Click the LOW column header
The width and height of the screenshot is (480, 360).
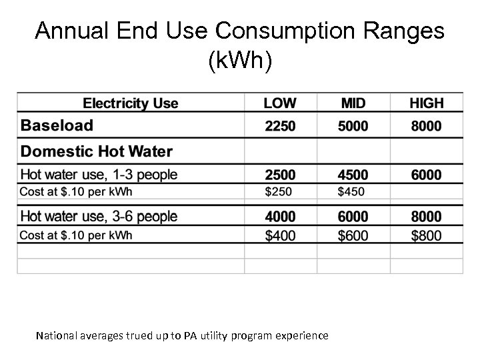[x=280, y=103]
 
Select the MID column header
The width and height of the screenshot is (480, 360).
[x=353, y=103]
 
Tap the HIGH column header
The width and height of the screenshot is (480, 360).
[x=427, y=103]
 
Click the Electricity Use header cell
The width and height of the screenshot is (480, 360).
[x=131, y=103]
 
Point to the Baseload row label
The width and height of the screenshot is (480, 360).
[x=57, y=125]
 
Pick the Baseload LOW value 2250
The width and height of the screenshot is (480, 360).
[x=280, y=126]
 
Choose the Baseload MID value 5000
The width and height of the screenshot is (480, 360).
[x=353, y=126]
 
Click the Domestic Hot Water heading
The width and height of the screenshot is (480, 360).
[x=97, y=152]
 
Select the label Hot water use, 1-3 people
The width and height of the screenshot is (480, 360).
[x=99, y=175]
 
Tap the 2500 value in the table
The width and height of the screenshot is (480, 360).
[x=280, y=175]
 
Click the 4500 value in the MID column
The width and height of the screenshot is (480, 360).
[x=353, y=175]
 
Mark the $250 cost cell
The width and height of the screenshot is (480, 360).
[x=279, y=193]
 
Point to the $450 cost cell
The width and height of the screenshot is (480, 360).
[x=352, y=193]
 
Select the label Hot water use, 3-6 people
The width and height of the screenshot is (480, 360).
[x=99, y=217]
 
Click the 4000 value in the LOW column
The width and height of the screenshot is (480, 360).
[x=280, y=217]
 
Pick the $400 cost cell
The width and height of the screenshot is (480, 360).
[x=280, y=235]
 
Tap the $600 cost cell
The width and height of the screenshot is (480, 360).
[x=353, y=235]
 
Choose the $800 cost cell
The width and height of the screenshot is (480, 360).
[x=427, y=235]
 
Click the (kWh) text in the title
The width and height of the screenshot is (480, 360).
[x=240, y=61]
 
